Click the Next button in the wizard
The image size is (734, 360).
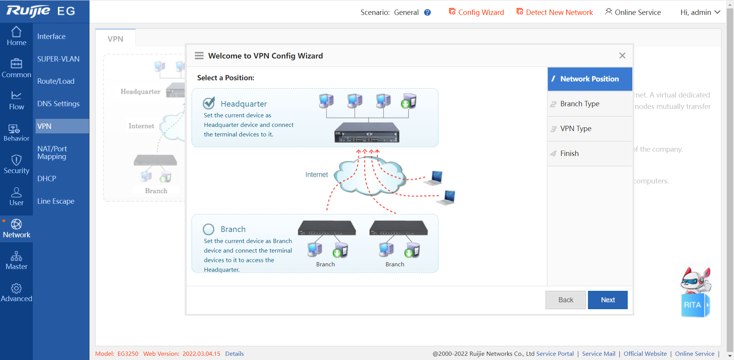pos(607,300)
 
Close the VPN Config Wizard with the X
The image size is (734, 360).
pos(622,56)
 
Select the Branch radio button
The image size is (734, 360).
pos(209,229)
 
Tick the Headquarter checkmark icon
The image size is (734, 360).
pos(209,103)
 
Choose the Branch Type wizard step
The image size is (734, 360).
pos(580,104)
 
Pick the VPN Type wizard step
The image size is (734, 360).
pos(576,129)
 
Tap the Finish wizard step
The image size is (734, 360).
pos(569,154)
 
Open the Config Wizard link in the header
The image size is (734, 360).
pos(476,12)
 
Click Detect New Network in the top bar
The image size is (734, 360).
pos(555,12)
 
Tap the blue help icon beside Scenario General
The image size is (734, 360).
pos(427,13)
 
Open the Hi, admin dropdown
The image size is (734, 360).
pos(700,12)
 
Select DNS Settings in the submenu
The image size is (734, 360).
pos(58,104)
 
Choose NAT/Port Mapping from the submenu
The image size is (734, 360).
pos(52,153)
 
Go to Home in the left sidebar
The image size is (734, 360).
pos(16,36)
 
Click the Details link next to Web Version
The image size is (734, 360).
pos(234,354)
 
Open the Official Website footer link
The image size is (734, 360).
pos(645,354)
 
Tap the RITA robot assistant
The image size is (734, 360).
pos(695,292)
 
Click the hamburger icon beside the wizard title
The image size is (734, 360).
pos(199,56)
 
